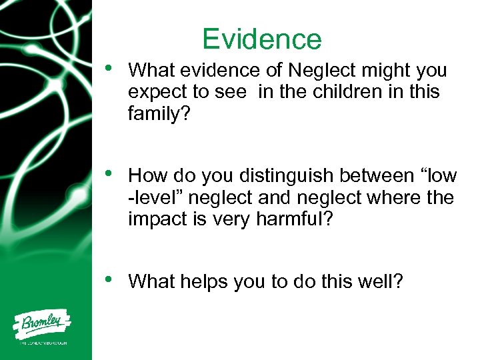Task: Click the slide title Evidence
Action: (x=262, y=39)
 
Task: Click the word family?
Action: (x=159, y=114)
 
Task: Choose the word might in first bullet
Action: (x=390, y=71)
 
